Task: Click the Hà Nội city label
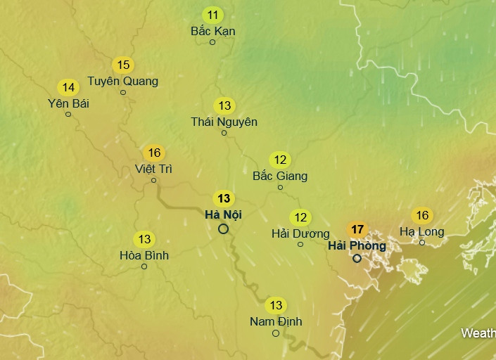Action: (x=224, y=214)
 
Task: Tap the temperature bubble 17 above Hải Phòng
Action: (x=357, y=229)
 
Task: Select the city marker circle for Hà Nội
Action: (x=223, y=229)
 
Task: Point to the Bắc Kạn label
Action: (x=212, y=31)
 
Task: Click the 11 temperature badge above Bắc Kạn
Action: (x=212, y=15)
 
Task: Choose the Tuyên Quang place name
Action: (x=122, y=81)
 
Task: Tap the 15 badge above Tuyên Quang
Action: (x=123, y=65)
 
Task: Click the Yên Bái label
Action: (x=68, y=103)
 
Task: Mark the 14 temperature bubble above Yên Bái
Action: (x=68, y=88)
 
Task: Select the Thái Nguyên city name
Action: (x=224, y=122)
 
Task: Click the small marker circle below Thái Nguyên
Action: (x=224, y=133)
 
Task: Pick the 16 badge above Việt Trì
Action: (x=154, y=153)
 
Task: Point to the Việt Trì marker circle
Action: (x=153, y=181)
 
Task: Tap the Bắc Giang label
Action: (x=280, y=176)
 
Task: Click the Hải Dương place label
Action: (x=300, y=233)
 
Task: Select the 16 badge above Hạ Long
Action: (x=422, y=216)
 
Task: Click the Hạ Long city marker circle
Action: (x=422, y=243)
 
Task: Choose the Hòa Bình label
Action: (x=144, y=255)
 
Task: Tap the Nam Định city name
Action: (x=276, y=321)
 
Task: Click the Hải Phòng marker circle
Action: (x=357, y=258)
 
